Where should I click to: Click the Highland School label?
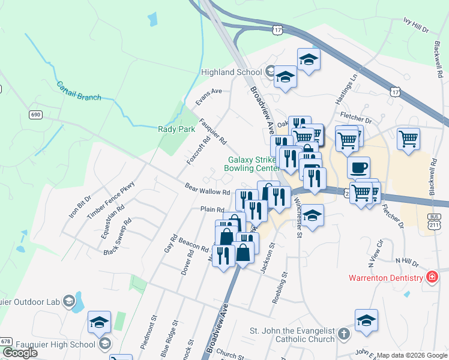(x=231, y=72)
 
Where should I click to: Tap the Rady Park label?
(x=173, y=128)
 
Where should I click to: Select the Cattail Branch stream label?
(x=79, y=91)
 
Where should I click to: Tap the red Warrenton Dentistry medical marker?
(x=431, y=277)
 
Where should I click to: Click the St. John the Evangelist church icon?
(x=343, y=334)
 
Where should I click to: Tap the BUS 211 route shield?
(x=435, y=220)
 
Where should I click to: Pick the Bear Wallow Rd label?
(x=207, y=189)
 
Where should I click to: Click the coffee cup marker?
(x=359, y=167)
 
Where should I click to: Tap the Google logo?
(x=19, y=353)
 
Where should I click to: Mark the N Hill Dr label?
(x=406, y=261)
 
